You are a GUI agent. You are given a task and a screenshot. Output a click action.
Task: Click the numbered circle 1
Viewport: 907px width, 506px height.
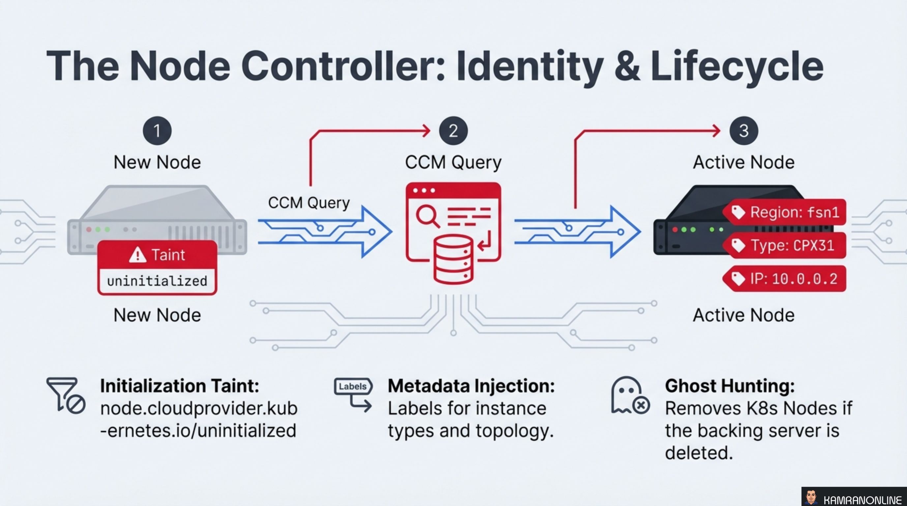coord(157,131)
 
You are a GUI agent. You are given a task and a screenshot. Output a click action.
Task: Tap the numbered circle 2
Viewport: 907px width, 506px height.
coord(453,131)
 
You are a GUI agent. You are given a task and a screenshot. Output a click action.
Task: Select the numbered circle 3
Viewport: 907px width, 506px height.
coord(744,131)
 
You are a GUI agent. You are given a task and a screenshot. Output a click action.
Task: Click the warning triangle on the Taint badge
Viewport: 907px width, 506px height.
coord(138,255)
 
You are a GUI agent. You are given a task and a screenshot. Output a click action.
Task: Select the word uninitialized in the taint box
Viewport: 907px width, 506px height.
coord(157,281)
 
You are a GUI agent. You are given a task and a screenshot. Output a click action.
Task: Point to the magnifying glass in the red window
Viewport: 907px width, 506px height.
coord(427,215)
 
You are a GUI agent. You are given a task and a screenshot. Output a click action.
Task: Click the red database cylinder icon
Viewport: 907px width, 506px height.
coord(453,260)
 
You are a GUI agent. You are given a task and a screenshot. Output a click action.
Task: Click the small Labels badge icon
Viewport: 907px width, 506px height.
coord(352,387)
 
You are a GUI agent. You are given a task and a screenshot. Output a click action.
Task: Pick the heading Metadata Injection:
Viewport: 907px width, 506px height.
coord(471,386)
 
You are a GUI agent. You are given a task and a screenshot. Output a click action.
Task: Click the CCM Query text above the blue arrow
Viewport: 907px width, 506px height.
coord(309,203)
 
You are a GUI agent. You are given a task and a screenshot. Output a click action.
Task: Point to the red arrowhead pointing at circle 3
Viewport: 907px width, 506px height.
coord(716,131)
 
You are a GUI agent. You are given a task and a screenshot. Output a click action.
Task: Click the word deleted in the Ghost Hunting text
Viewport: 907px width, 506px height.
coord(699,453)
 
